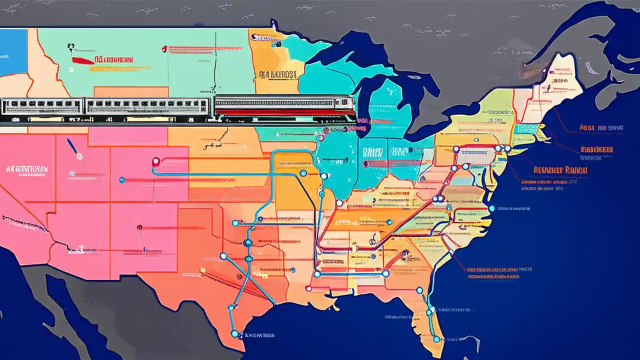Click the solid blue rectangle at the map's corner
pos(13,52)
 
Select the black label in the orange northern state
pos(277,75)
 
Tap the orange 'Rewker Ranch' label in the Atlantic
pos(560,170)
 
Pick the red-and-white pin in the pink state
pos(155,161)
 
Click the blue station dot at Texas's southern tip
pos(234,333)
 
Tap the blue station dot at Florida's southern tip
pos(436,339)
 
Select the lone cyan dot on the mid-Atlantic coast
pos(491,208)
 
